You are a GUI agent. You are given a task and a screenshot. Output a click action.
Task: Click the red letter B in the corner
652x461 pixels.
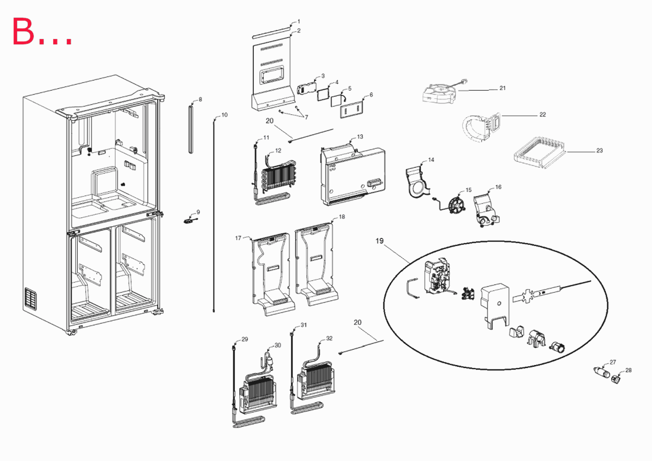coord(23,31)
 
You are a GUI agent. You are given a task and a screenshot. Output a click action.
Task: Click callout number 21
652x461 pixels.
coord(502,88)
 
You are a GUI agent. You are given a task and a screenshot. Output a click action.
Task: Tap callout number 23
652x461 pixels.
coord(599,150)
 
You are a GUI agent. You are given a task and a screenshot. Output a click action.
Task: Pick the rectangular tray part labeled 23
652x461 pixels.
coord(539,153)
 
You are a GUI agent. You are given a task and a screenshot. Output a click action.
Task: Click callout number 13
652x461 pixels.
coord(360,136)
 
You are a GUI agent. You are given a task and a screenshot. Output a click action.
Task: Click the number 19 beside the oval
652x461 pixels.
coord(379,241)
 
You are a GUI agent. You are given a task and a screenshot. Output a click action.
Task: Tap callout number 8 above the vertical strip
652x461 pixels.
coord(200,99)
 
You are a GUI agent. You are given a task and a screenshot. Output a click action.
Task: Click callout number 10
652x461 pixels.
coord(224,115)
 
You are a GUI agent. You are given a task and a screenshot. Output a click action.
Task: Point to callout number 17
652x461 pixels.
coord(238,238)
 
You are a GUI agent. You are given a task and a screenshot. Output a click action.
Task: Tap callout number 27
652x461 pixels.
coord(613,362)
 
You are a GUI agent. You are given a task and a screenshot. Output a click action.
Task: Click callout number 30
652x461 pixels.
coord(278,345)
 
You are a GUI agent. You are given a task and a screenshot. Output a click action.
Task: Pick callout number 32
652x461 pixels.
coord(329,338)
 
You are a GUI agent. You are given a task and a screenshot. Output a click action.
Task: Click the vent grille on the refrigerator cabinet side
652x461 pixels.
coord(30,299)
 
